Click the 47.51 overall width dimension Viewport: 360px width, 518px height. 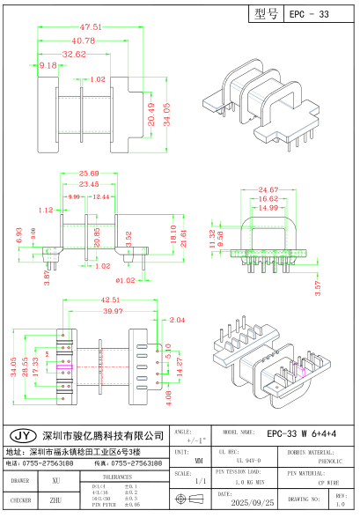[84, 26]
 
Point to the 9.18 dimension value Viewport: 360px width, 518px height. [48, 65]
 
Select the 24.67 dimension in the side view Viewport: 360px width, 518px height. [268, 190]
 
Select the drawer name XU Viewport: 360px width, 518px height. [56, 481]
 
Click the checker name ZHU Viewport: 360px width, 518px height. [56, 499]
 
